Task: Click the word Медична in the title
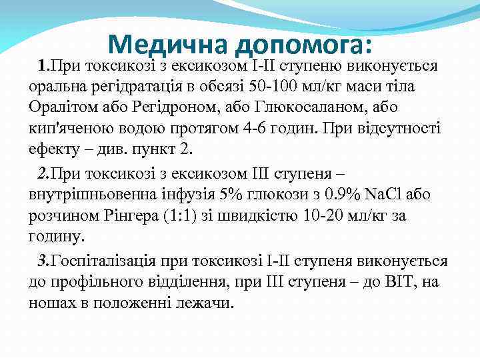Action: (x=168, y=44)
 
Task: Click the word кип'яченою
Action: (x=67, y=128)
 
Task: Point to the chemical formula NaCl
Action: (x=385, y=195)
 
